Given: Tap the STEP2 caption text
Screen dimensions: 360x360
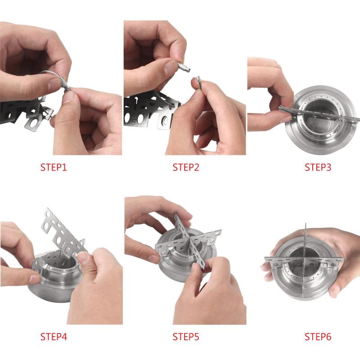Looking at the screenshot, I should pyautogui.click(x=185, y=168).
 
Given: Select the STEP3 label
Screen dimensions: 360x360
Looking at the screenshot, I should pyautogui.click(x=318, y=168).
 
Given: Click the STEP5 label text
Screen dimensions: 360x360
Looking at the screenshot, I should pyautogui.click(x=185, y=336).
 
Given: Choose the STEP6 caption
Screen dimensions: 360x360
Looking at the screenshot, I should pyautogui.click(x=318, y=336).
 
